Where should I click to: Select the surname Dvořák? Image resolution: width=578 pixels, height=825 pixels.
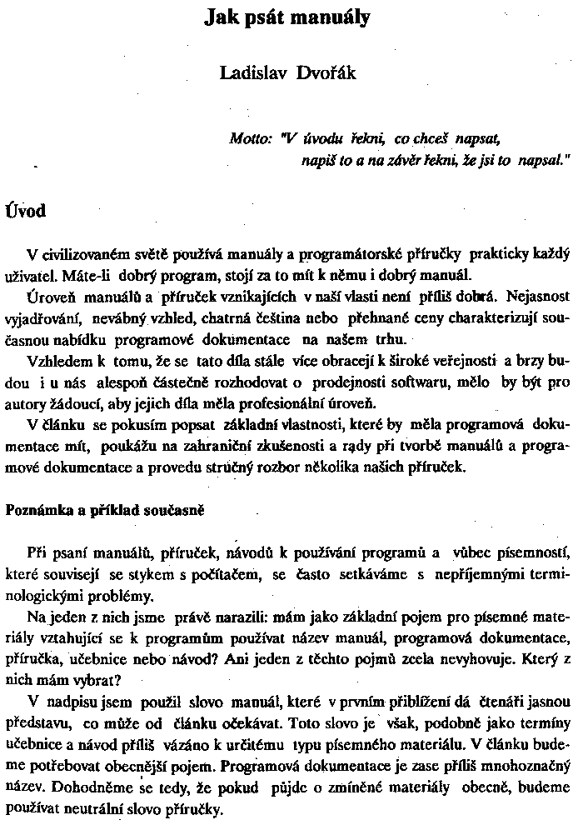(327, 73)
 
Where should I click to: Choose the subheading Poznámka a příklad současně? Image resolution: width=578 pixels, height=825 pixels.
(105, 508)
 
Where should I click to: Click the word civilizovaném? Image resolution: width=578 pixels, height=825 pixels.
(86, 254)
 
